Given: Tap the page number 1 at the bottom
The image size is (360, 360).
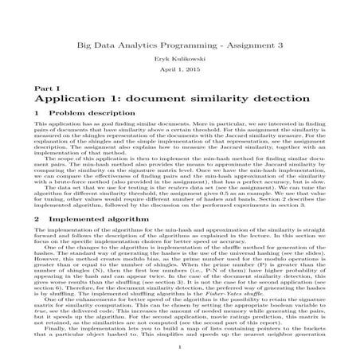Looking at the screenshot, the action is (x=181, y=346).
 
